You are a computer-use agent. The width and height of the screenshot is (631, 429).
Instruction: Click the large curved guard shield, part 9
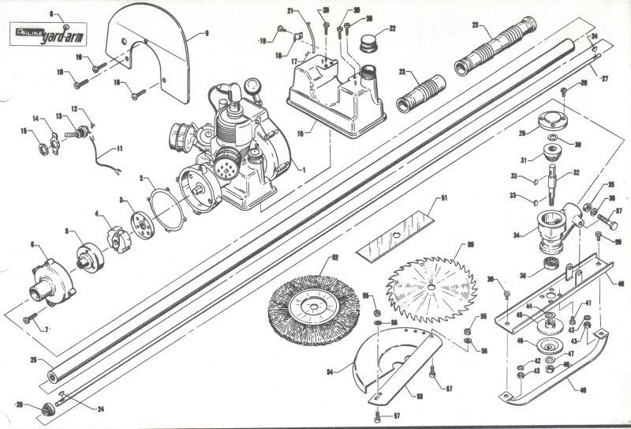158,55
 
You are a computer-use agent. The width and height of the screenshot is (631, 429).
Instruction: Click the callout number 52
334,258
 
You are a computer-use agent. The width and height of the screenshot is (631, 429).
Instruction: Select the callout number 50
470,246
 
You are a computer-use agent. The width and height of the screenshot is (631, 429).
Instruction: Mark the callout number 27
604,79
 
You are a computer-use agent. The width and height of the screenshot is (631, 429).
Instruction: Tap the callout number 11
120,148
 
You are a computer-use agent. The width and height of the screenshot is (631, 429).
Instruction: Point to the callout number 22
392,29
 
